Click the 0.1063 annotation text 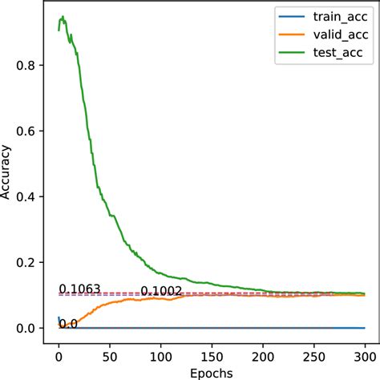(79, 289)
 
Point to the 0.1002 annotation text (161, 291)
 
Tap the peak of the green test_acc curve (63, 15)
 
